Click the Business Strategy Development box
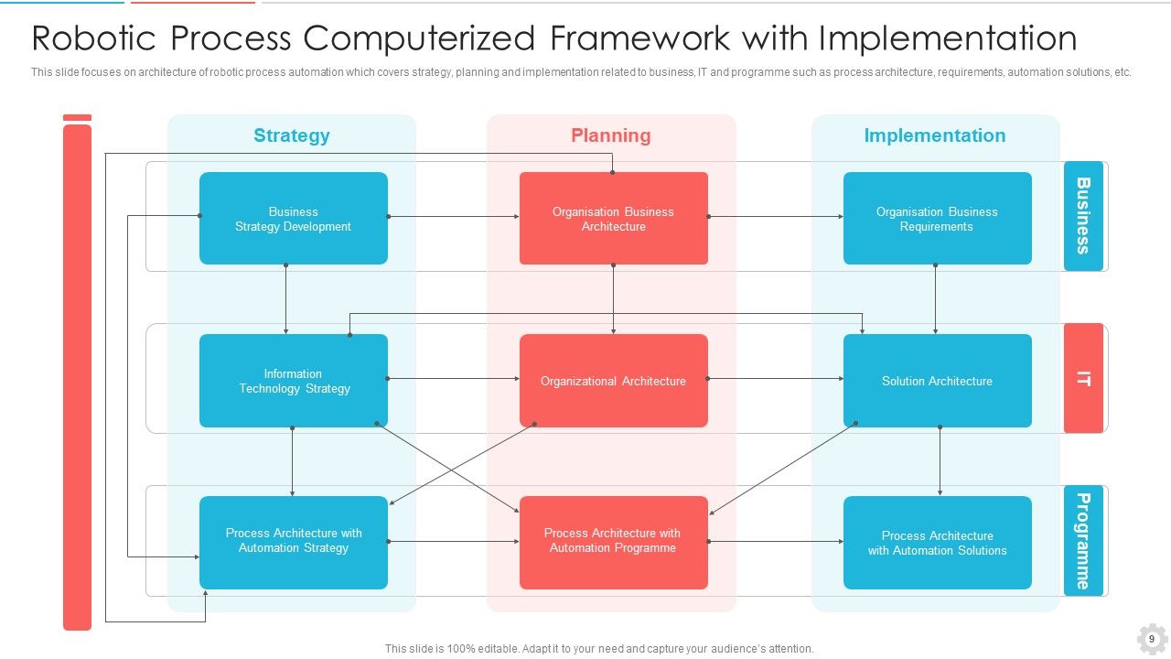[293, 219]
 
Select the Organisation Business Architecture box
[613, 219]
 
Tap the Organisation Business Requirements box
[937, 219]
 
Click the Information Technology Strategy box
[293, 381]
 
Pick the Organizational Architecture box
[613, 381]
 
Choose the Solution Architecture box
[937, 381]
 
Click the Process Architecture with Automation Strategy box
[293, 542]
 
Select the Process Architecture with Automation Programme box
[613, 542]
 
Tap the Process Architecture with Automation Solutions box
[937, 542]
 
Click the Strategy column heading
[291, 135]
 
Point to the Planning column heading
[610, 135]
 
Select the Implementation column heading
[934, 135]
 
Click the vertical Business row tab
[1083, 216]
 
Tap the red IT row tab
[1083, 378]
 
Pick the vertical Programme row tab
[1083, 541]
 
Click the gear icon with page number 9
[1152, 639]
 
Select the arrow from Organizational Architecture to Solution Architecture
[776, 378]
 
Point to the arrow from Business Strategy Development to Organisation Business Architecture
[454, 217]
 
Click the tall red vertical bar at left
[77, 375]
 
